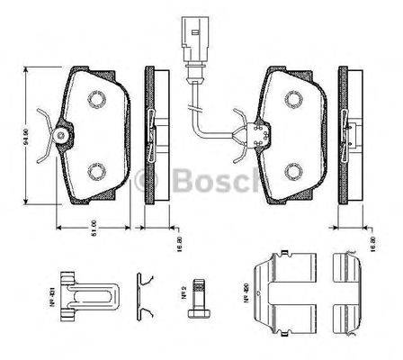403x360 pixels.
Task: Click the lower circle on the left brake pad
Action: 95,170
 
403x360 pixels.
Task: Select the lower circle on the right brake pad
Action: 293,171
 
